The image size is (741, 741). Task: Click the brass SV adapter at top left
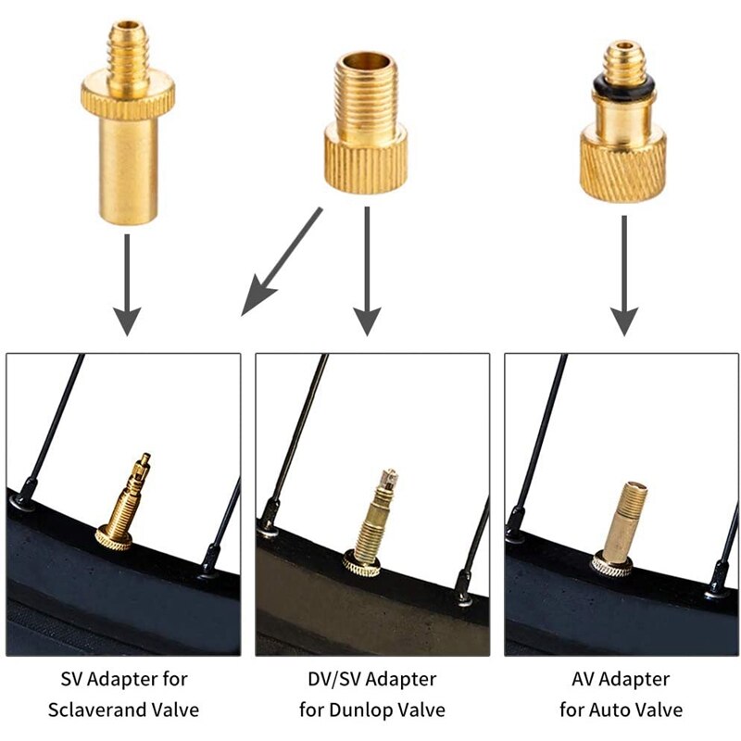point(128,139)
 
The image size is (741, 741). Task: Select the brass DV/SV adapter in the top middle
point(367,125)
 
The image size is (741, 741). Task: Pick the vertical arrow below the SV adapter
point(128,283)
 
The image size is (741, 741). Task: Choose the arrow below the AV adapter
point(624,273)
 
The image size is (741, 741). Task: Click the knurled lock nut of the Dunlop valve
point(362,561)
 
